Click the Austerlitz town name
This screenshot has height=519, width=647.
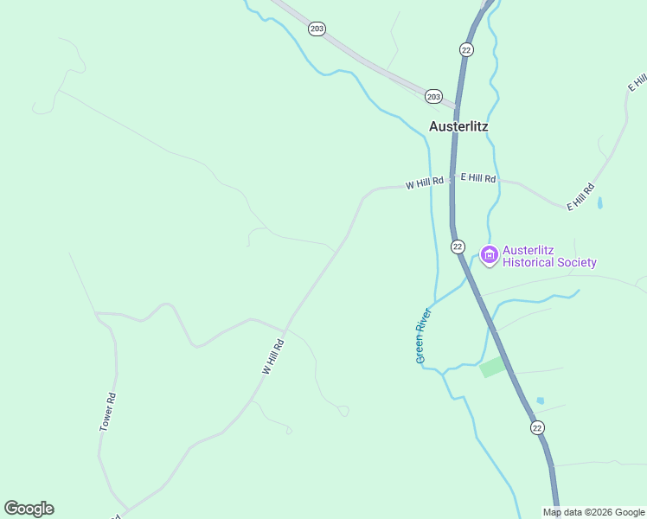(x=458, y=125)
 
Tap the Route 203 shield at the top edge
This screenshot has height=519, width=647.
(x=317, y=29)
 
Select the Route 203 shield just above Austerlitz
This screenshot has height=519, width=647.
(x=433, y=96)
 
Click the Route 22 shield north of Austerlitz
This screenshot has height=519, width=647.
(x=466, y=50)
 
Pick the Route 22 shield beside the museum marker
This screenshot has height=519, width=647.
(x=458, y=247)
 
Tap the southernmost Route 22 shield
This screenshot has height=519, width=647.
(x=537, y=428)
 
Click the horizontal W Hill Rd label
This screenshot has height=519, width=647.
(x=424, y=183)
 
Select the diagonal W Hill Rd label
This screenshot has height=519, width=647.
(x=273, y=356)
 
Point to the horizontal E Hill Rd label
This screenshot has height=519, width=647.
(x=478, y=177)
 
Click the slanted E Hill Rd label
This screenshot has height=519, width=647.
(x=581, y=196)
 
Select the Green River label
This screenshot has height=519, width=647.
(x=422, y=334)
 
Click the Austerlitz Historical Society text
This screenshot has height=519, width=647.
(x=549, y=257)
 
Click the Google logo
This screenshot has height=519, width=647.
(x=29, y=509)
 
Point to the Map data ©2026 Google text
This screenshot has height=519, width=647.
(x=593, y=512)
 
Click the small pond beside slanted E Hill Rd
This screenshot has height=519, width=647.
(x=599, y=203)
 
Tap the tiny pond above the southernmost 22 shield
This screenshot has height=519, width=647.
(x=541, y=400)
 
